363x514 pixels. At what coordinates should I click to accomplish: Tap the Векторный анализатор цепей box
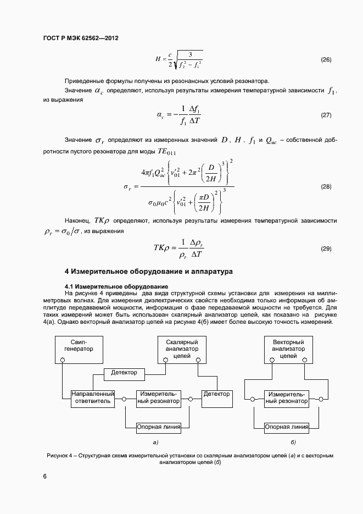coord(288,349)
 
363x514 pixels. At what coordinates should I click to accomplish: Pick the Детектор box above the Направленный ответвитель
coord(124,373)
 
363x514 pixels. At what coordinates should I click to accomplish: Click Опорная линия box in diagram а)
coord(158,426)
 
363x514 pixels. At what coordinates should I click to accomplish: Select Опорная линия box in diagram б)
coord(286,426)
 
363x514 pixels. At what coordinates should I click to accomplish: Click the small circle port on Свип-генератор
coord(63,360)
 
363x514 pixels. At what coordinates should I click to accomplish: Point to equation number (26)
coord(326,59)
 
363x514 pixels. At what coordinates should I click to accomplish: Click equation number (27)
coord(326,115)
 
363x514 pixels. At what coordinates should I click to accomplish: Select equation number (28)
coord(326,187)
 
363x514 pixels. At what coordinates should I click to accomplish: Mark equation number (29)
coord(326,248)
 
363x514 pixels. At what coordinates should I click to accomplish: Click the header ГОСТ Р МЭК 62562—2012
coord(81,38)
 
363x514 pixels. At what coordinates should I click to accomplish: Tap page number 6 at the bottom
coord(44,476)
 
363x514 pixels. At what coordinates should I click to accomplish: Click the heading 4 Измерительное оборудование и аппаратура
coord(149,271)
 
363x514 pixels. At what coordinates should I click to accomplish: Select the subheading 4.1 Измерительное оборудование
coord(116,286)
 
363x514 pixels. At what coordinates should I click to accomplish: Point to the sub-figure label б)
coord(293,442)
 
